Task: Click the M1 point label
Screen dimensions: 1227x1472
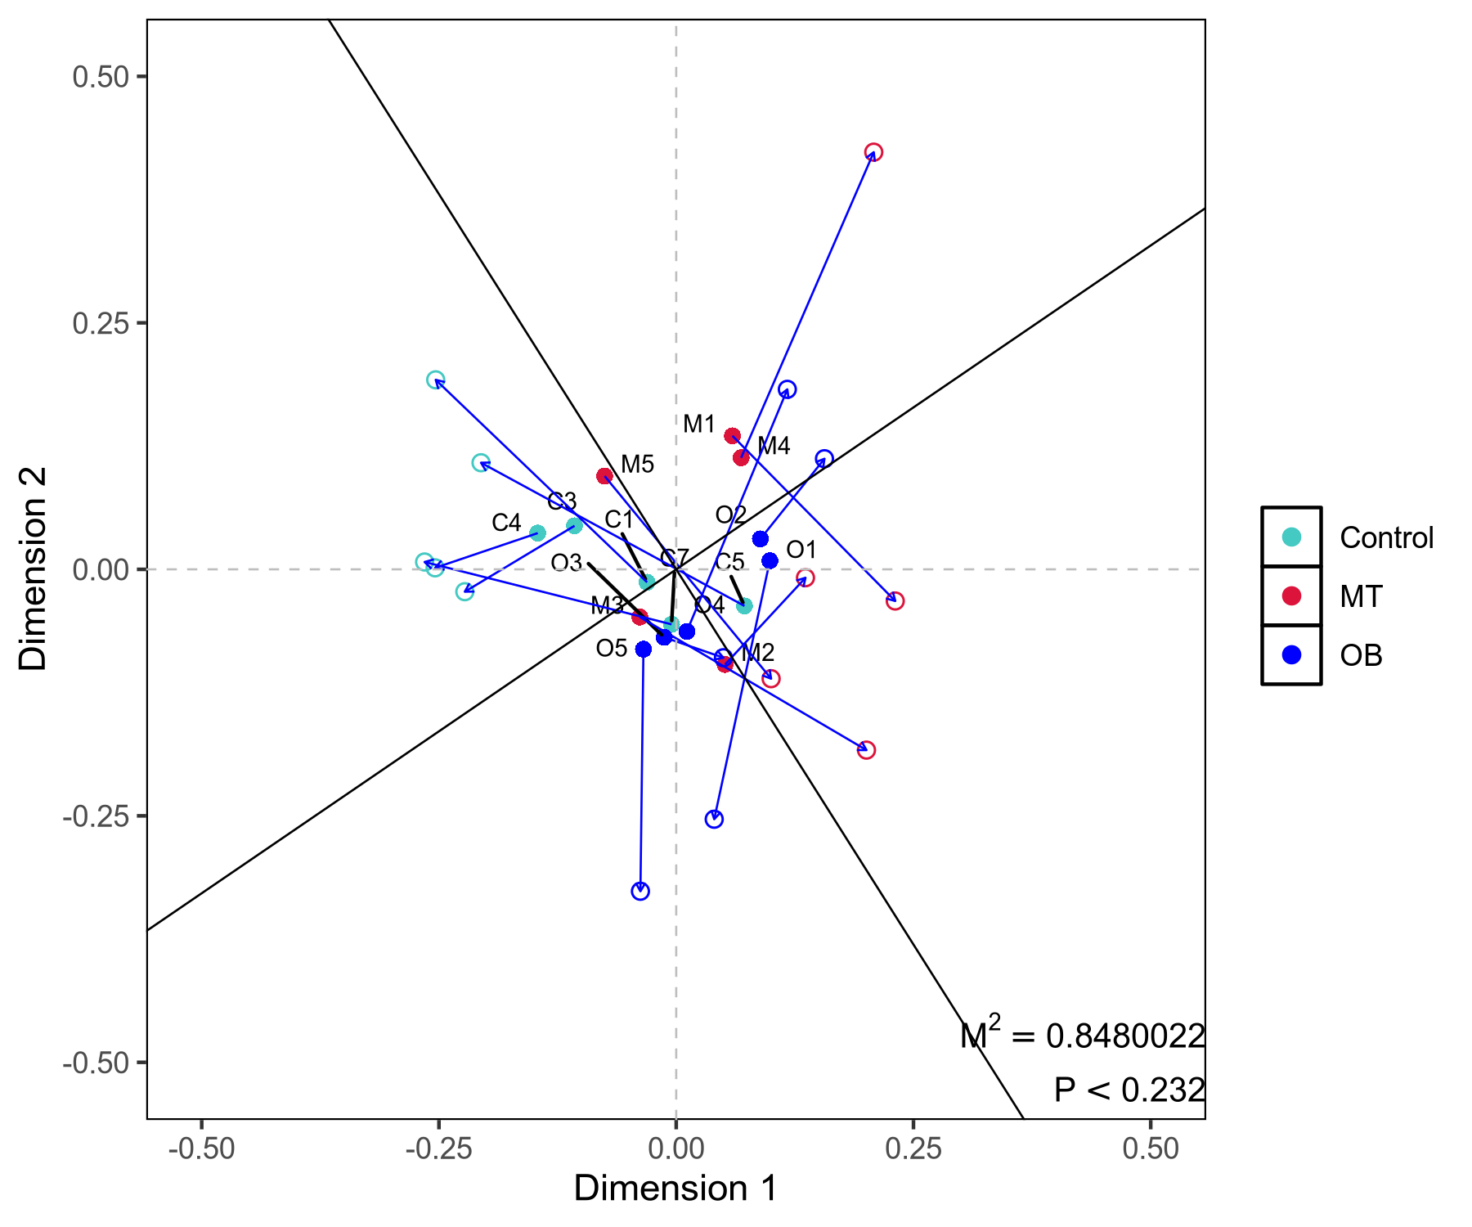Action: coord(699,425)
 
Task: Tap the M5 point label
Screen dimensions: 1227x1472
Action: coord(637,465)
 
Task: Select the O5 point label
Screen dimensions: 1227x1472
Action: coord(612,649)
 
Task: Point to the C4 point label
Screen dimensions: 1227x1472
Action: coord(506,523)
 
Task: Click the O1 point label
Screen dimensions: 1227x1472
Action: coord(801,550)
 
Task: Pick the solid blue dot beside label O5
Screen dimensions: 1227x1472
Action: coord(644,649)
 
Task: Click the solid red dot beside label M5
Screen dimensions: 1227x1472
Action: coord(604,476)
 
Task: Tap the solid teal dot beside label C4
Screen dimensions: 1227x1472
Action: coord(537,533)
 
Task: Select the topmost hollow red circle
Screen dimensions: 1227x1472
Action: coord(873,153)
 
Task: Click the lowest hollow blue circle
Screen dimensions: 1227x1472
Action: coord(640,892)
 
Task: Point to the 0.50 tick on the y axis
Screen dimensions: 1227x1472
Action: coord(101,77)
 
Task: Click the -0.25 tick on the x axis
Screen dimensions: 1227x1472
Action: coord(438,1149)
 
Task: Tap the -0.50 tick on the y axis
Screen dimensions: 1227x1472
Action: coord(96,1063)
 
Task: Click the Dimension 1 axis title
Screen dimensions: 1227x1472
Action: coord(675,1189)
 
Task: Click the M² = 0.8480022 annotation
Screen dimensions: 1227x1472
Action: coord(1083,1035)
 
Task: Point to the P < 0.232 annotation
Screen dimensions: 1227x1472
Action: coord(1129,1090)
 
